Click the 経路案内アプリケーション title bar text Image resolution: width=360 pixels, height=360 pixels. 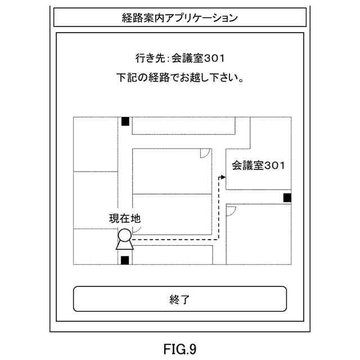click(179, 17)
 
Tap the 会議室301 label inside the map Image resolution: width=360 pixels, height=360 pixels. click(259, 165)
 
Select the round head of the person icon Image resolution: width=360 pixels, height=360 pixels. click(124, 235)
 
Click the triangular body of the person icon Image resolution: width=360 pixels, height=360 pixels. click(124, 245)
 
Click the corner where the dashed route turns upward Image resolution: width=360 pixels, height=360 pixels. click(217, 239)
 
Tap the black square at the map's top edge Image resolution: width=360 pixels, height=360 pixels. click(125, 121)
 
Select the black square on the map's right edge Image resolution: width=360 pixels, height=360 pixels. click(287, 197)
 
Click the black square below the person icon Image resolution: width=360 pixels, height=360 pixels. click(125, 259)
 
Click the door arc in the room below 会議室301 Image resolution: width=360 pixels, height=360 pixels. click(231, 210)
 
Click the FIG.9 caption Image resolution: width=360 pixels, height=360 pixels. click(180, 349)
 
